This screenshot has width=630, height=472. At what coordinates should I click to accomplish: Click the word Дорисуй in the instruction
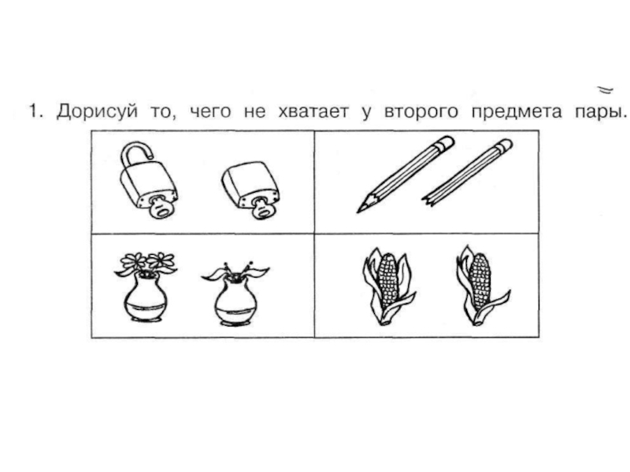[97, 111]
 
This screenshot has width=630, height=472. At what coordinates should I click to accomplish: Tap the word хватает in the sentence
[313, 111]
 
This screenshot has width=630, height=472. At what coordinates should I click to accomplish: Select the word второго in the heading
[421, 112]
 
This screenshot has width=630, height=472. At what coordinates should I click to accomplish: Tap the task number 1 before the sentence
[35, 111]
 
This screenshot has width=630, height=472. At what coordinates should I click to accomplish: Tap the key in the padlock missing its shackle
[261, 208]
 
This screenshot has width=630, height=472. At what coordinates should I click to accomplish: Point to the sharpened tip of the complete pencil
[361, 208]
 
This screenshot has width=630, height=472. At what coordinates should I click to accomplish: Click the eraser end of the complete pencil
[446, 143]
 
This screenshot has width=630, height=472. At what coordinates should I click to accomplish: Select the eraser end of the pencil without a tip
[503, 146]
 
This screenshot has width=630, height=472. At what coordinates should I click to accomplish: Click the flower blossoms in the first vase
[147, 261]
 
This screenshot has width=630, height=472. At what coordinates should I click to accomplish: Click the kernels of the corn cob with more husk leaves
[387, 281]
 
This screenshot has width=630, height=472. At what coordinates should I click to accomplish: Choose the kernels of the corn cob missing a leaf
[480, 282]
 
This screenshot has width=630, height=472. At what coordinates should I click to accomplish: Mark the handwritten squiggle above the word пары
[605, 90]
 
